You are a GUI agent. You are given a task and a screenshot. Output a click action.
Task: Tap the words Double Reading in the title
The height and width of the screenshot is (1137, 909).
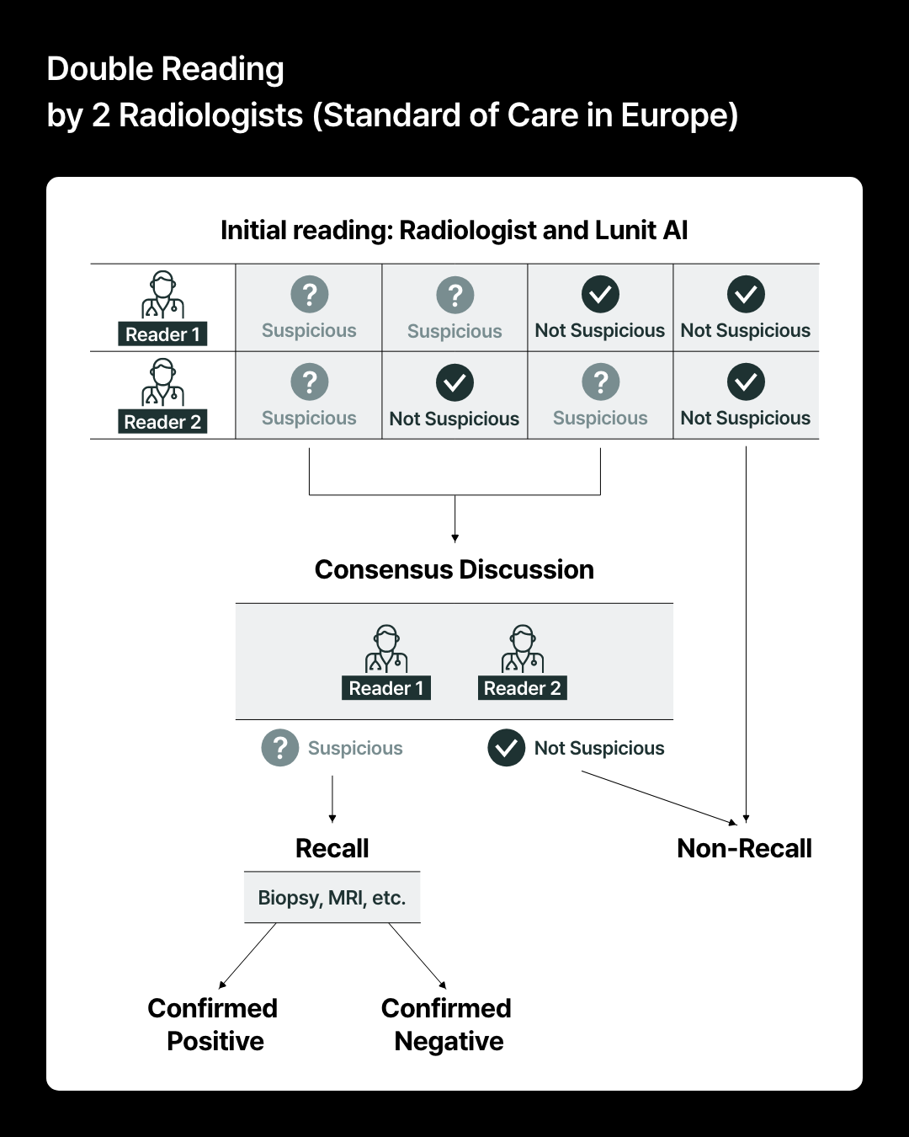click(x=165, y=69)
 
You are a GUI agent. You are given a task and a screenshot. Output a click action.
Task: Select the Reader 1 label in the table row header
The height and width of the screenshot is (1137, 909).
click(x=162, y=334)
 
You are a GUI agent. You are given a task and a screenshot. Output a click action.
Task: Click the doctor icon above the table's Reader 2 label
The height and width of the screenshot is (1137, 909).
click(x=162, y=382)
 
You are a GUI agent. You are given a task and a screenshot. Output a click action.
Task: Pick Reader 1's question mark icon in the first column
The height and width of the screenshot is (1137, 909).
click(x=309, y=294)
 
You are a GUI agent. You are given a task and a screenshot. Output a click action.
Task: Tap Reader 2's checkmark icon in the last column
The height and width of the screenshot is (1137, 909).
click(x=746, y=382)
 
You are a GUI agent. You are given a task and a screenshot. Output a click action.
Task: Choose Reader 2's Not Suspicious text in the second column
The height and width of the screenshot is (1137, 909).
click(x=454, y=419)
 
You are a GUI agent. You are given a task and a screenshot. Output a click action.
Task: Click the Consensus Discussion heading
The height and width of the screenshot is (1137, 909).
click(x=454, y=569)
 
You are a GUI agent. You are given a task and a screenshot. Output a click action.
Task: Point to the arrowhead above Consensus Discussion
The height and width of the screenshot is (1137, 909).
click(x=454, y=537)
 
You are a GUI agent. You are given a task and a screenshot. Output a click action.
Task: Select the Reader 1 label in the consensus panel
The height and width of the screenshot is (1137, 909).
click(x=386, y=688)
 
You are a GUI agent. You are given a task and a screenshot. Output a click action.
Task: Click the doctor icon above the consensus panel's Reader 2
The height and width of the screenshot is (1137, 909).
click(x=522, y=649)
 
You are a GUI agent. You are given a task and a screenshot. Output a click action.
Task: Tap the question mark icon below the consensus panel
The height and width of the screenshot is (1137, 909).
click(x=280, y=748)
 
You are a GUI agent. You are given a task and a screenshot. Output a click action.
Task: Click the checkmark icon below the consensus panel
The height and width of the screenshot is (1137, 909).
click(x=507, y=748)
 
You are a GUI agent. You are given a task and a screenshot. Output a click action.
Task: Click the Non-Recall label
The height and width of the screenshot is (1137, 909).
click(x=744, y=848)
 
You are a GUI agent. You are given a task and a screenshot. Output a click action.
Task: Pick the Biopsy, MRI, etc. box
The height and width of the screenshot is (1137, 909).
click(x=332, y=898)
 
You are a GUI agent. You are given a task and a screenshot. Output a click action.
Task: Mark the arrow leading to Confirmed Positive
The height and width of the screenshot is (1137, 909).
click(x=247, y=955)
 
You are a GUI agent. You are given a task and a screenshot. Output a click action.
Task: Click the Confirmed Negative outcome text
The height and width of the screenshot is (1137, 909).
click(x=447, y=1024)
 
